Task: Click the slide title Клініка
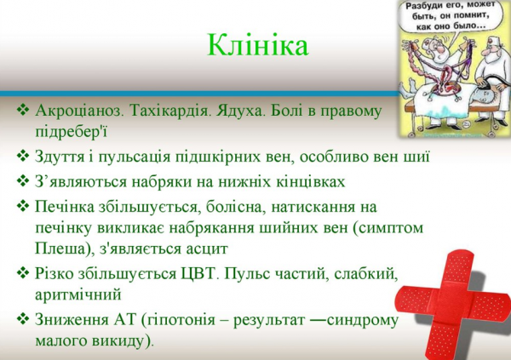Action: pyautogui.click(x=257, y=45)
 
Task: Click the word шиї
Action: pyautogui.click(x=416, y=157)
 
